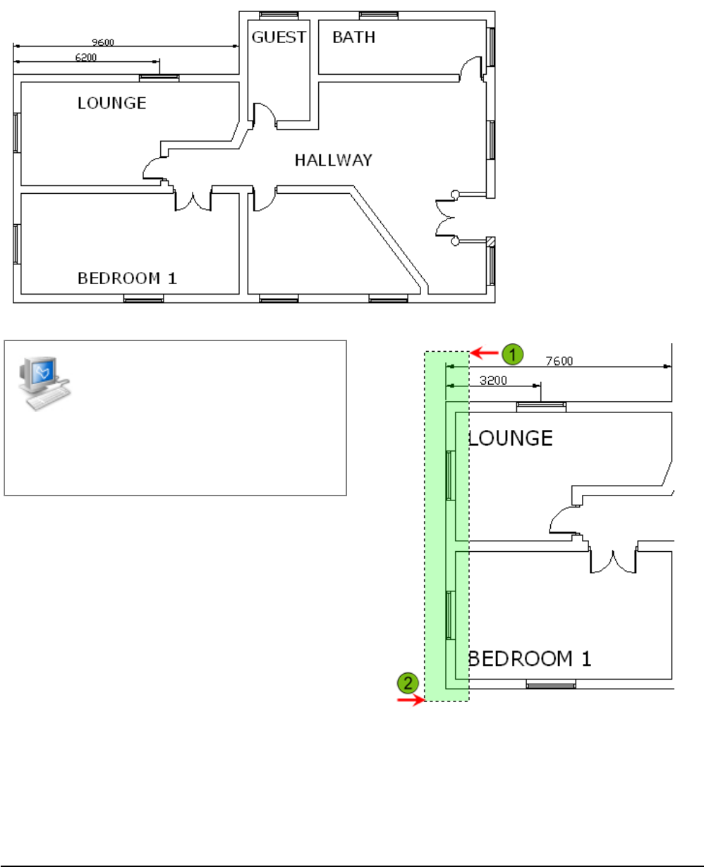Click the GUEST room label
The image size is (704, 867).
[278, 37]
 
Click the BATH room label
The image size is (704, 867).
[354, 37]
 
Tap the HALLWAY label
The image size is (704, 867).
[333, 161]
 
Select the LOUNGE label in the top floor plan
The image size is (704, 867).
[112, 103]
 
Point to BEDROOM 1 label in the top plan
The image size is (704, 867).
[127, 278]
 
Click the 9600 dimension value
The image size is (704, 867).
[103, 42]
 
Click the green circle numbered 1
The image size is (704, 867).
[513, 353]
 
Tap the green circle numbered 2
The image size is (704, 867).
[408, 682]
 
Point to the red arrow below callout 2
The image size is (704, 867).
[410, 700]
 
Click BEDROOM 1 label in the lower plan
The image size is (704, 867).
[530, 659]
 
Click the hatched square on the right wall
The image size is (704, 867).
[491, 242]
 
